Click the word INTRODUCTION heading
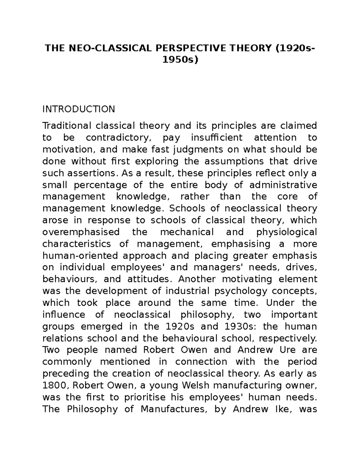(x=79, y=109)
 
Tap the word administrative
(x=283, y=185)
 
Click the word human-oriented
(x=79, y=256)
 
